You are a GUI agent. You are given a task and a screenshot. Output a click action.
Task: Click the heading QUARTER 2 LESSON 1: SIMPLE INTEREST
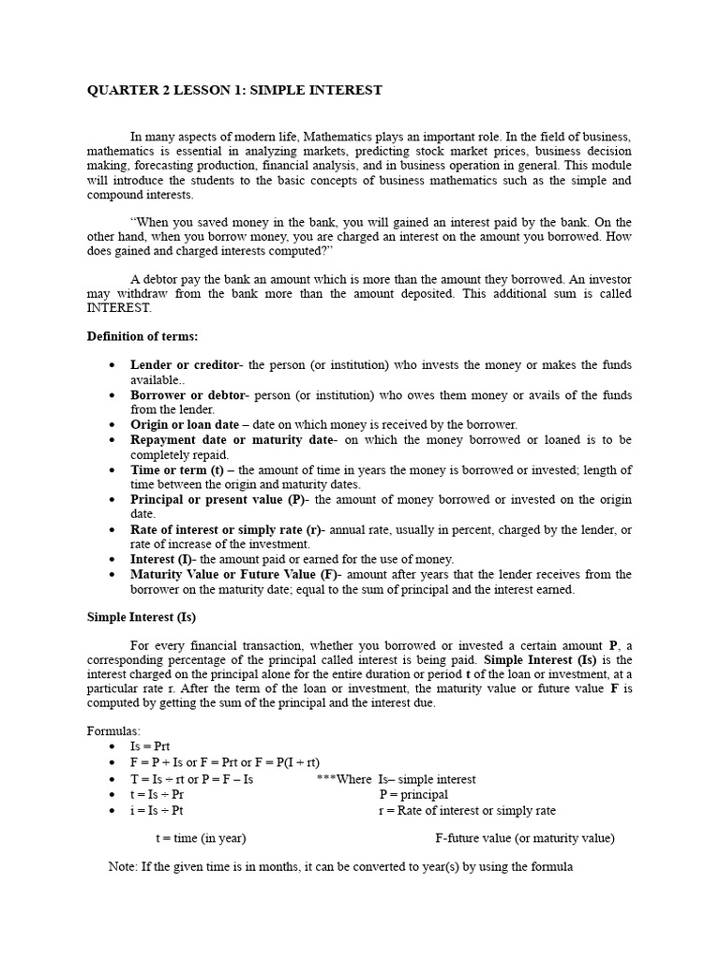pos(234,90)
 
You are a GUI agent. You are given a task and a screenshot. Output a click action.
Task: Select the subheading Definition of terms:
pos(142,336)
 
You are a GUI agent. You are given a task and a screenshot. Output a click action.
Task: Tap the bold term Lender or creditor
pos(184,364)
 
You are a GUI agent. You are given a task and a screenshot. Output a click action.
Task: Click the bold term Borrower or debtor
pos(188,394)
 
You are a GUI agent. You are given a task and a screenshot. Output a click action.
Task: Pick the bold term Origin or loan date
pos(185,424)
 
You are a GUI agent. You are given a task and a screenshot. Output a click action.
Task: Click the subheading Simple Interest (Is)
pos(142,617)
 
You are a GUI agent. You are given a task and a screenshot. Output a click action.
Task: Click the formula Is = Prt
pos(150,747)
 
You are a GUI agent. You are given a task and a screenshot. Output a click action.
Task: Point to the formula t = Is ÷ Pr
pos(157,794)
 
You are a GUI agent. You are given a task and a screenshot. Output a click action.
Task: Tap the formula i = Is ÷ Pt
pos(157,810)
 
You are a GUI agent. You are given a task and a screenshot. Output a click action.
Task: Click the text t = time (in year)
pos(201,838)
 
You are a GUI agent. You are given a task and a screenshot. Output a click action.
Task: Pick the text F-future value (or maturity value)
pos(525,838)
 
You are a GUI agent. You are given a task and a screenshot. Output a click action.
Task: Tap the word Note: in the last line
pos(124,867)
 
